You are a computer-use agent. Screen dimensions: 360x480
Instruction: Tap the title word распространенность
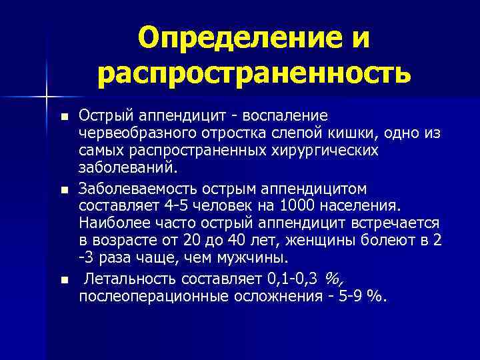coord(254,74)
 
